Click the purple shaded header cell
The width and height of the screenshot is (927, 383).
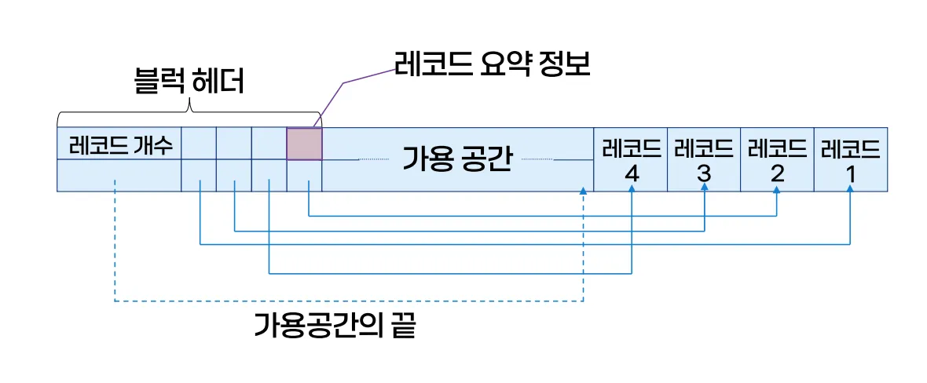(x=304, y=144)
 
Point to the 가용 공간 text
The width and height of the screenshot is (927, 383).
(x=457, y=159)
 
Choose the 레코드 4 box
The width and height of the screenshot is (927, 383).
(x=630, y=159)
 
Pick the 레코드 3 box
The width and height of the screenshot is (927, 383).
(x=704, y=159)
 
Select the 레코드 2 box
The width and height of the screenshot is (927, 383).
(x=777, y=159)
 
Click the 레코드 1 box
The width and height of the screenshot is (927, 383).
(x=851, y=159)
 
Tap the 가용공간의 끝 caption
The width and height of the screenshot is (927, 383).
(x=335, y=324)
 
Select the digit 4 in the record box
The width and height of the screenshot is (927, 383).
(x=631, y=173)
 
